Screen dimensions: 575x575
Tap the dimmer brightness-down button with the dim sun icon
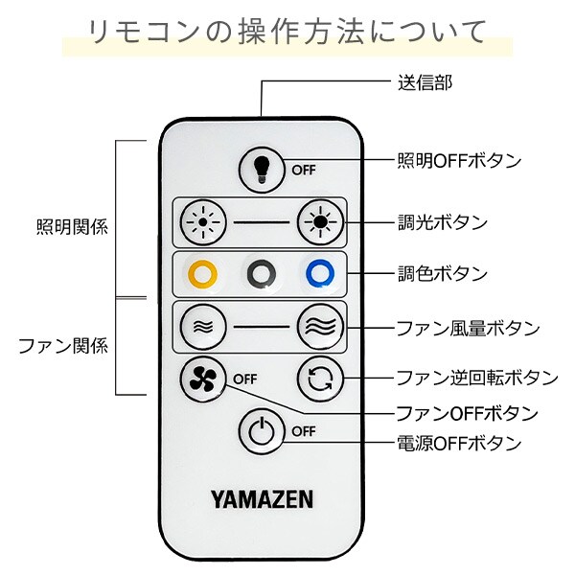coord(201,223)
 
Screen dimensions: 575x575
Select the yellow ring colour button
coord(202,273)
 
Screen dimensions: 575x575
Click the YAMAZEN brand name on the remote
coord(262,498)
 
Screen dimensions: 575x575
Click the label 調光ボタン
coord(442,222)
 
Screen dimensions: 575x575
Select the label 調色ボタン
coord(442,274)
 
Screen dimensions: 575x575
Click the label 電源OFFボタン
coord(459,444)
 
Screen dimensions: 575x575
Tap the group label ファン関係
coord(62,345)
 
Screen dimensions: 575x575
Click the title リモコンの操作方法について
coord(287,31)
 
